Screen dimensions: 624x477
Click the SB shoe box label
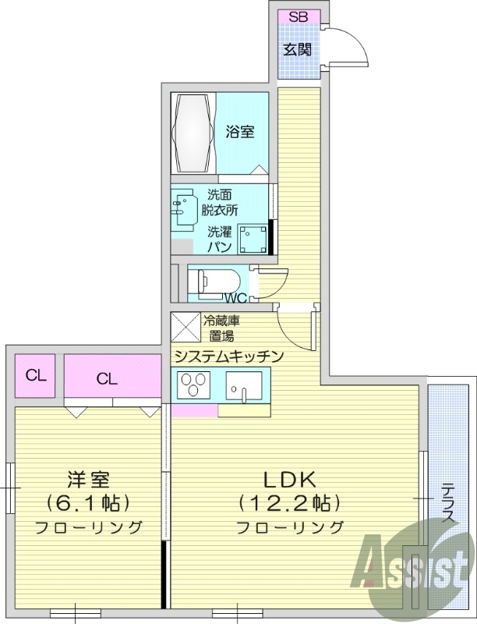pyautogui.click(x=298, y=17)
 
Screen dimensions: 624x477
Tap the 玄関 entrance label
pyautogui.click(x=297, y=50)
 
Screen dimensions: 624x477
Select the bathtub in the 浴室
pyautogui.click(x=193, y=133)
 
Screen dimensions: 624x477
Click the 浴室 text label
pyautogui.click(x=239, y=132)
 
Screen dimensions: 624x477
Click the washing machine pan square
pyautogui.click(x=252, y=239)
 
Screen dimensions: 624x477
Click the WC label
pyautogui.click(x=235, y=298)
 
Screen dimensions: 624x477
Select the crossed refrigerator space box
pyautogui.click(x=185, y=327)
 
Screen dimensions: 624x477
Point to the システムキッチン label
pyautogui.click(x=228, y=356)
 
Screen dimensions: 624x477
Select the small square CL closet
pyautogui.click(x=36, y=375)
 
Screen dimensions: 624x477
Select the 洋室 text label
pyautogui.click(x=87, y=477)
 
